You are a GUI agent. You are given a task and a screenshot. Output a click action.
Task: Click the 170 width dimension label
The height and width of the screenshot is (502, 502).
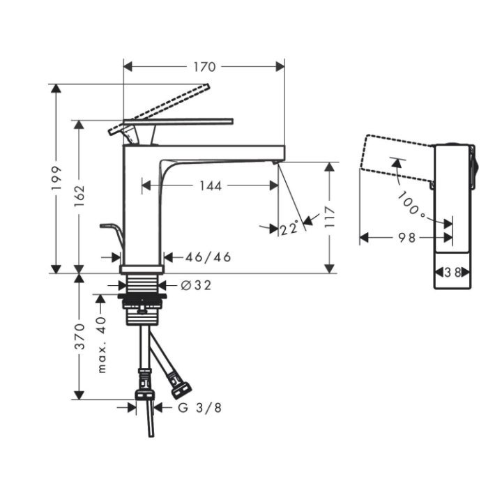(x=204, y=67)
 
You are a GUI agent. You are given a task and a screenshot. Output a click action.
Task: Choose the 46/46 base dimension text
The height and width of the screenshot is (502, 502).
(x=208, y=257)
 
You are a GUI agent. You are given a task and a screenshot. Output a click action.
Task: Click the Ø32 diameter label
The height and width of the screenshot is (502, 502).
(x=195, y=284)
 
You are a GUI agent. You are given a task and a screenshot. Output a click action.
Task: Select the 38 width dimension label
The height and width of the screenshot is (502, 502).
(x=453, y=273)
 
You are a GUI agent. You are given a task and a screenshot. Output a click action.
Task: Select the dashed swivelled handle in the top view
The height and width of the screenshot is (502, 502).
(x=394, y=153)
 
